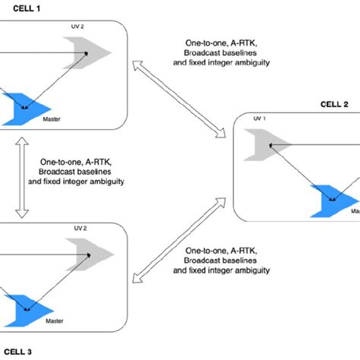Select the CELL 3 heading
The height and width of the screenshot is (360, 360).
pyautogui.click(x=17, y=351)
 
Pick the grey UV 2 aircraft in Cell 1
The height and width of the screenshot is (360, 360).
pyautogui.click(x=90, y=52)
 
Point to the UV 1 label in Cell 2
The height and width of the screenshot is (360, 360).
pyautogui.click(x=259, y=120)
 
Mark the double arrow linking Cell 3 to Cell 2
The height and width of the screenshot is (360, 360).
pyautogui.click(x=179, y=238)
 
